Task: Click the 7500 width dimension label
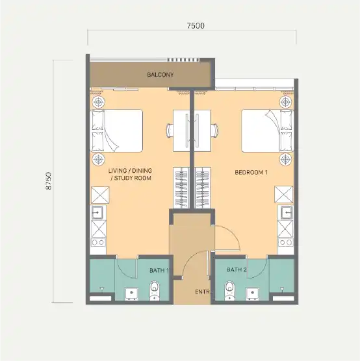point(196,26)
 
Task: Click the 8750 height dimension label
point(49,180)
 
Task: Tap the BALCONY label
point(160,75)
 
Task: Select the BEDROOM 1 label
point(251,172)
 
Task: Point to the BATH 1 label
point(159,270)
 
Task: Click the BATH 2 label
point(237,269)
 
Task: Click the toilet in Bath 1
point(154,291)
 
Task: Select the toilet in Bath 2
point(229,290)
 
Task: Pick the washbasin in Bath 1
point(132,293)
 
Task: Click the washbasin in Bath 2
point(253,293)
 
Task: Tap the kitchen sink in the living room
point(97,212)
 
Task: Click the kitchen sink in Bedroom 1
point(287,212)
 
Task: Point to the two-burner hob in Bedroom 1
point(286,242)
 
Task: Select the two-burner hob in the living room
point(98,242)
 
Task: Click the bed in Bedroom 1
point(267,131)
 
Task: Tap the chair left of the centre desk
point(170,131)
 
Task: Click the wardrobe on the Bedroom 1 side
point(203,188)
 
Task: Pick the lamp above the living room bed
point(99,102)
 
